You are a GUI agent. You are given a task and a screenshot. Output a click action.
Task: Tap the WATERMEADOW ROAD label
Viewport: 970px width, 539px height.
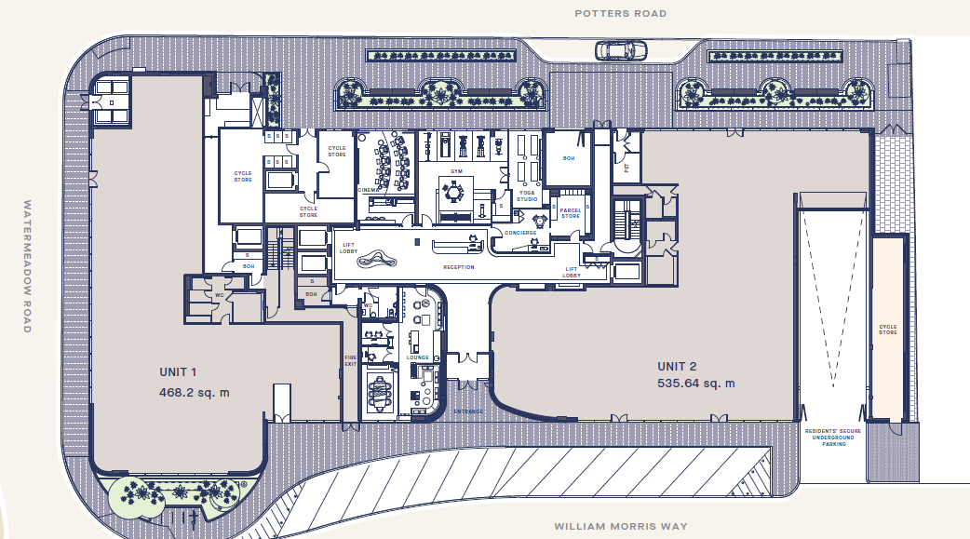[x=28, y=266]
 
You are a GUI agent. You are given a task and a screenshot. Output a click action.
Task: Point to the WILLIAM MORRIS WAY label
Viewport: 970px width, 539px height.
[x=622, y=526]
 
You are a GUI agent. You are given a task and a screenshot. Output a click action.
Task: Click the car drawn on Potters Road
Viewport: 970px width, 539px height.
[x=617, y=49]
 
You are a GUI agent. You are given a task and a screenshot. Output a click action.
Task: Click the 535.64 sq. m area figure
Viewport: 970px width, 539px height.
[x=695, y=383]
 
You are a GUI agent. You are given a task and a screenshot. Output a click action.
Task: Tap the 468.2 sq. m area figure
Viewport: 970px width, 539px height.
[x=195, y=392]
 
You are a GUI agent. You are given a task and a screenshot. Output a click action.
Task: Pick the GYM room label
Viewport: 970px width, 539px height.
[x=456, y=172]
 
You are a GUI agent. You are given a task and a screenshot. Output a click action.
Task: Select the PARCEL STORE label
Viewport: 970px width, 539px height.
[x=570, y=214]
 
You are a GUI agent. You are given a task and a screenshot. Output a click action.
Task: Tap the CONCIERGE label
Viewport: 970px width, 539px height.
[x=520, y=232]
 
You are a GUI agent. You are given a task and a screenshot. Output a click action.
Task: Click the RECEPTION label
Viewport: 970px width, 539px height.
[x=458, y=267]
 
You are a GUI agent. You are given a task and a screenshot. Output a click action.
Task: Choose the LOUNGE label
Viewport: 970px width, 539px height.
[x=417, y=357]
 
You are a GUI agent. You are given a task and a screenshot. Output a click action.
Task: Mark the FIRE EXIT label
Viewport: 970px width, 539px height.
[x=351, y=358]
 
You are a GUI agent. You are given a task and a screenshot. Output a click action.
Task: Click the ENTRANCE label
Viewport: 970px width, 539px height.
[x=467, y=411]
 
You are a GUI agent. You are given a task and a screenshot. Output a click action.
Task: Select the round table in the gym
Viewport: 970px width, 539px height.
[x=455, y=192]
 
